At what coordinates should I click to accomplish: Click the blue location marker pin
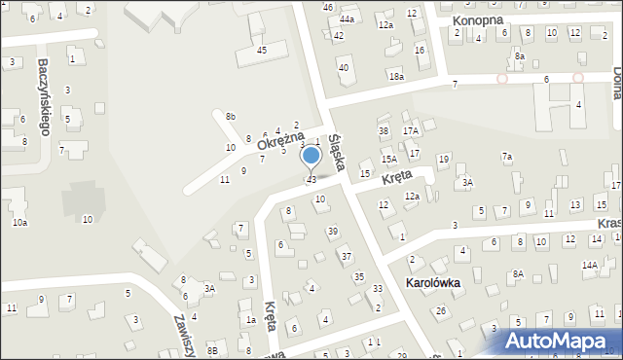coord(311,156)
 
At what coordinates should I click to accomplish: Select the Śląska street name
coord(340,153)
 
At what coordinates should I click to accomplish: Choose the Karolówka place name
coord(434,283)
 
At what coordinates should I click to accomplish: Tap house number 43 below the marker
coord(311,180)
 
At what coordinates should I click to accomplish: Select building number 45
coord(261,50)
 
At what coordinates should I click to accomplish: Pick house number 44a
coord(347,18)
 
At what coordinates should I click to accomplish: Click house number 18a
coord(395,76)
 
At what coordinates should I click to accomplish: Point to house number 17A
coord(411,130)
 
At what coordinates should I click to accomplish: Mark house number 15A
coord(388,159)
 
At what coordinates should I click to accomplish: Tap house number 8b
coord(230,117)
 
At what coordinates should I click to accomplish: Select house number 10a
coord(19,223)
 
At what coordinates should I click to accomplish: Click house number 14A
coord(589,265)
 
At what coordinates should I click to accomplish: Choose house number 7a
coord(506,157)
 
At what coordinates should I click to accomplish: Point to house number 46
coord(328,7)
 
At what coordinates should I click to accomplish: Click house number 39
coord(332,231)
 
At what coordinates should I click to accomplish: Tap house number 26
coord(441,310)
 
